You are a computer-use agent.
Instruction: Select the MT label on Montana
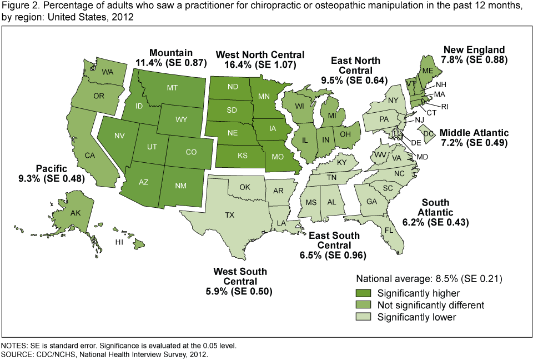172,88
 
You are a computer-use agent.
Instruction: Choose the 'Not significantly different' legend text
430,305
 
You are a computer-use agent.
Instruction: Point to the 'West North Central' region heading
260,54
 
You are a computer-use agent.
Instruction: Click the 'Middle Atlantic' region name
474,133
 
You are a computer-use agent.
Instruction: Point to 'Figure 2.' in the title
18,6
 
